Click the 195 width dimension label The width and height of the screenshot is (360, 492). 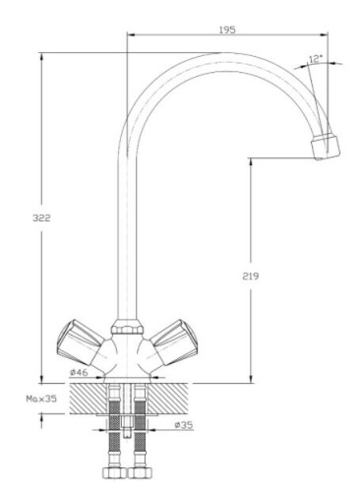pyautogui.click(x=227, y=30)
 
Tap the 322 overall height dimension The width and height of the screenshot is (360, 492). pyautogui.click(x=41, y=217)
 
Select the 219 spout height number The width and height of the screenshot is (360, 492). pyautogui.click(x=251, y=277)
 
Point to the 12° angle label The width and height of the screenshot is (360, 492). pyautogui.click(x=316, y=59)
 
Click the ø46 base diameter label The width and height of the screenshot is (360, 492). pyautogui.click(x=79, y=372)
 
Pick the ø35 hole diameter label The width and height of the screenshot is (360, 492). pyautogui.click(x=184, y=425)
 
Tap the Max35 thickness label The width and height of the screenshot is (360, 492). pyautogui.click(x=41, y=399)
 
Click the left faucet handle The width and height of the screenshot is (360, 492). pyautogui.click(x=81, y=342)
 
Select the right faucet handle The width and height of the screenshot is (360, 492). pyautogui.click(x=174, y=342)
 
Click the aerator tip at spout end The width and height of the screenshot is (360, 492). pyautogui.click(x=326, y=147)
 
